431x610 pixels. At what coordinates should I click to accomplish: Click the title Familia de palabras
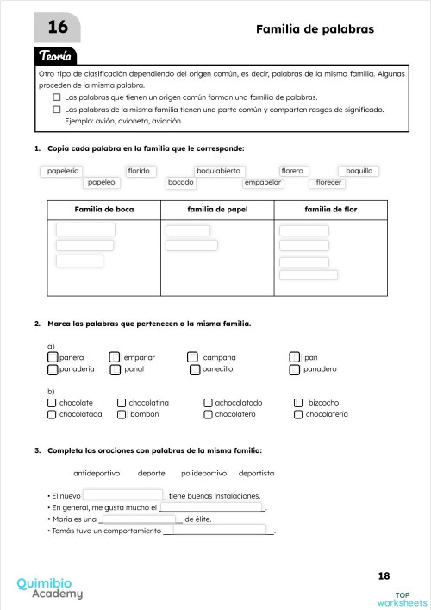coord(315,29)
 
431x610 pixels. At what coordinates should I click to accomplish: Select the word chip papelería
coord(63,171)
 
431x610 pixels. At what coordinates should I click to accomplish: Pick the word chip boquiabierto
coord(221,171)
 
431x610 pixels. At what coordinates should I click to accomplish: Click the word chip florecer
coord(328,183)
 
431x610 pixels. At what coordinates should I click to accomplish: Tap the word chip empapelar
coord(263,183)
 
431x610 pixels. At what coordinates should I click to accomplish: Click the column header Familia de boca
coord(104,210)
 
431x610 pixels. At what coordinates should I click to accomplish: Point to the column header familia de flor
coord(330,210)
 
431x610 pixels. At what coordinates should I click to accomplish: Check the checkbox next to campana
coord(192,356)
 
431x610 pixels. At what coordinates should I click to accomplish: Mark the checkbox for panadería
coord(53,369)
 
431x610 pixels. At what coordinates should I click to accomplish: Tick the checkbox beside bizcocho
coord(299,402)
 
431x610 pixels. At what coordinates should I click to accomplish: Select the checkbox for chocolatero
coord(208,414)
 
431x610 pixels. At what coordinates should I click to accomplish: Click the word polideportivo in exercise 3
coord(203,473)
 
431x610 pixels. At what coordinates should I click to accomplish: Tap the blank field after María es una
coord(141,519)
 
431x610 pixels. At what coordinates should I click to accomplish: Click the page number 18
coord(384,575)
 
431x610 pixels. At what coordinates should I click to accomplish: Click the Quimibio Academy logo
coord(50,588)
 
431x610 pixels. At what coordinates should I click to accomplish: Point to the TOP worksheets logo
coord(401,597)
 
